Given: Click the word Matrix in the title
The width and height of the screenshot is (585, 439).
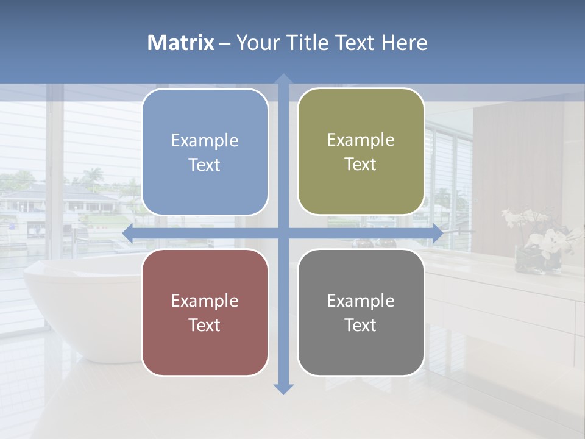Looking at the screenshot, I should pos(181,43).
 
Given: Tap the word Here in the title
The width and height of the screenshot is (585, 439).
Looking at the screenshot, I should pos(405,43).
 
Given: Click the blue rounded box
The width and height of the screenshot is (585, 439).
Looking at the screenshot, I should pos(205,152).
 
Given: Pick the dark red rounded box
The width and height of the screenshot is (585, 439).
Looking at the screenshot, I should pos(205,312).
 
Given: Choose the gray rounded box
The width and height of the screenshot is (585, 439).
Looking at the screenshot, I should pos(361,312).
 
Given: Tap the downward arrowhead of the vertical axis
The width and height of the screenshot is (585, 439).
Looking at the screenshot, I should pos(283,388).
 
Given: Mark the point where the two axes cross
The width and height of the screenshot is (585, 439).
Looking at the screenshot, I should pos(283,233).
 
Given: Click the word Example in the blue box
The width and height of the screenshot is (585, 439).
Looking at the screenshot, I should pos(205,140).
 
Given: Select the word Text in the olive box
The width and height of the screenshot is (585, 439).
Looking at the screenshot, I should pos(361,165).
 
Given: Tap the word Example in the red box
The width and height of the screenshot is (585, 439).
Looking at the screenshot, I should pos(205,301).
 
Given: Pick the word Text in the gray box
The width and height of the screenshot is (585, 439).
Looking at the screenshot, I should pos(361,325).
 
